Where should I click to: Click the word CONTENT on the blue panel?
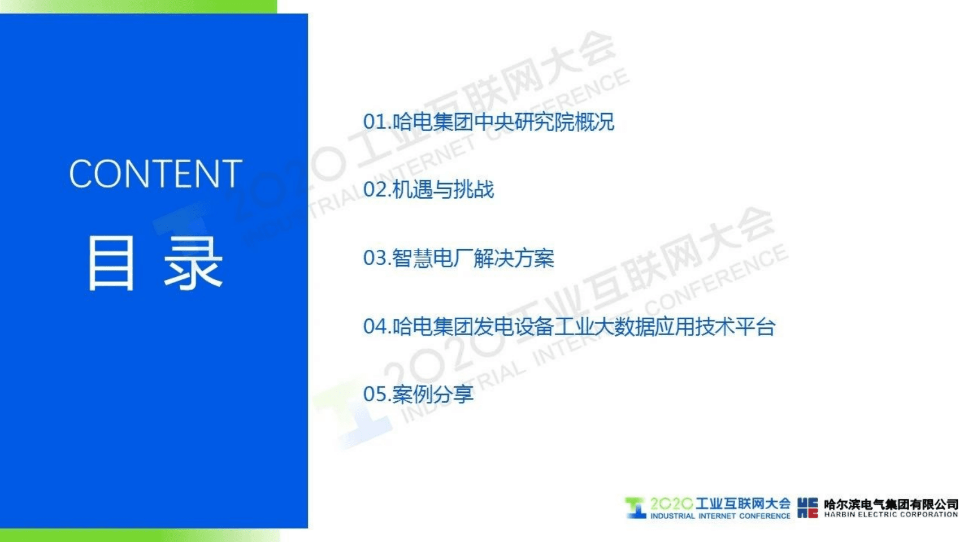coord(155,174)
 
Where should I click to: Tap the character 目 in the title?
coord(111,263)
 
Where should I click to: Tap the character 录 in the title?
coord(193,263)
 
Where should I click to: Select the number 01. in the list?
coord(377,122)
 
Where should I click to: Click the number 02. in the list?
coord(377,190)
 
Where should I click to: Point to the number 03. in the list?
coord(377,258)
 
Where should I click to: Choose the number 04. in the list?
coord(377,327)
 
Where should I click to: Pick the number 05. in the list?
coord(377,394)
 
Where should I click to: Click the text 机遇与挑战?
coord(443,190)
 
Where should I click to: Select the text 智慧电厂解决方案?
coord(473,258)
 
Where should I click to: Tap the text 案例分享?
coord(433,394)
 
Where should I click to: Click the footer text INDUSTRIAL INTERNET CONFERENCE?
coord(720,516)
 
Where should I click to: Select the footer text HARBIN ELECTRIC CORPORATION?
coord(891,515)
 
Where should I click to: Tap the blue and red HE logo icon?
coord(807,508)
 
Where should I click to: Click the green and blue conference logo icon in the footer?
coord(635,508)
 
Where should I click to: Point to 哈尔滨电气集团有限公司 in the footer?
coord(891,504)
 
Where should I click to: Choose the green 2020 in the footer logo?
coord(671,503)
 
